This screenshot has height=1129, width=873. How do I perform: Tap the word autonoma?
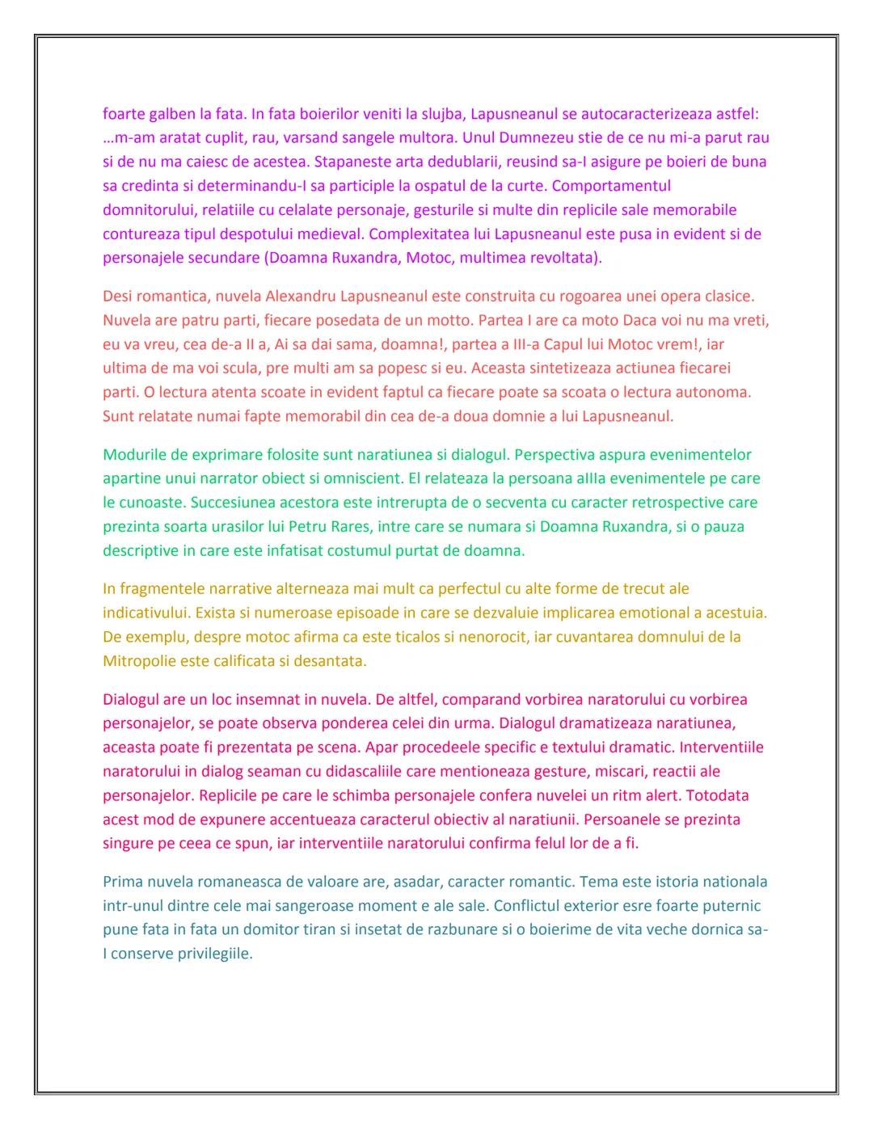pos(718,393)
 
